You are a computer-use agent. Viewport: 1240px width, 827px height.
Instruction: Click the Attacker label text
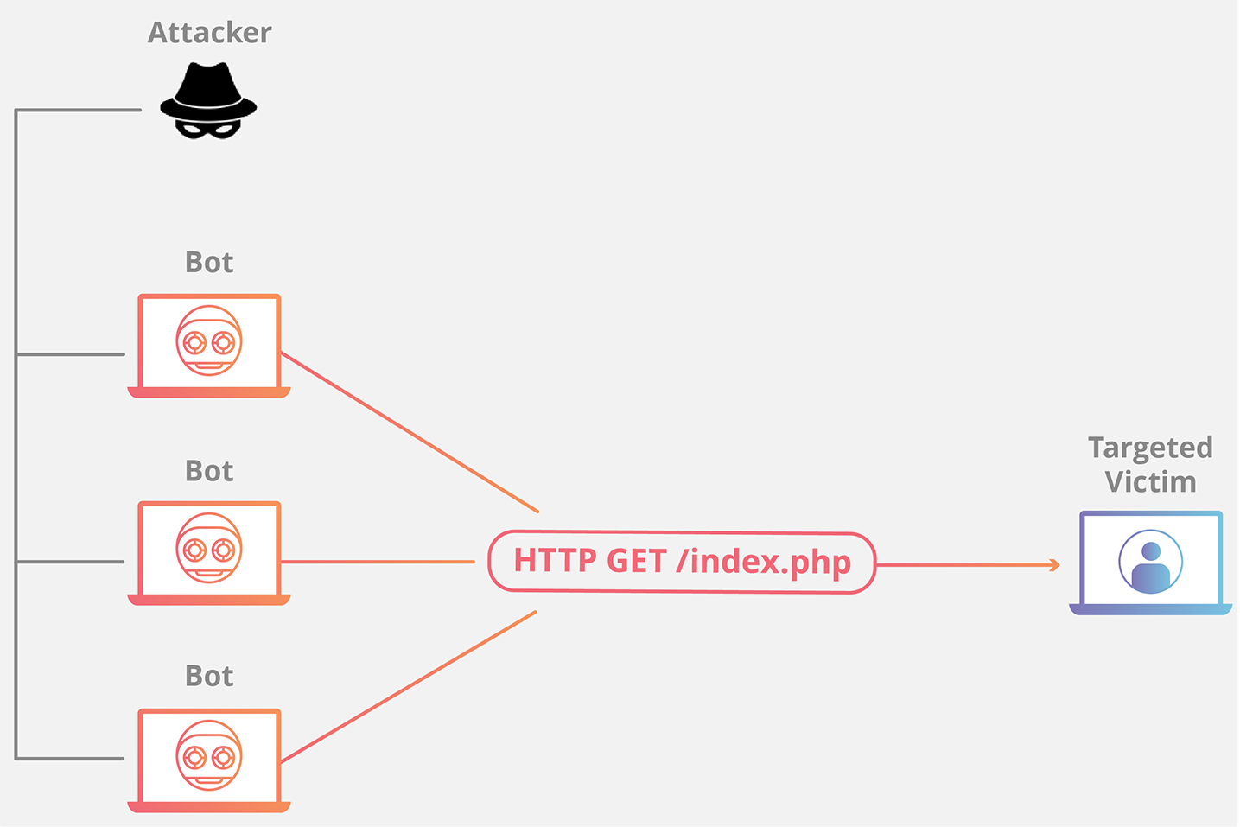click(x=209, y=33)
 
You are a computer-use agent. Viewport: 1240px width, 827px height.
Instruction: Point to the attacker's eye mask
click(x=208, y=130)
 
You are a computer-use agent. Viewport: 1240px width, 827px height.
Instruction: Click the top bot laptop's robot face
click(x=209, y=340)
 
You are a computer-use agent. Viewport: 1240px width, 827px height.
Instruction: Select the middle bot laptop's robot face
click(x=209, y=548)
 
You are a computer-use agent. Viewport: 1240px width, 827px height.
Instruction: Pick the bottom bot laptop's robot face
click(x=209, y=755)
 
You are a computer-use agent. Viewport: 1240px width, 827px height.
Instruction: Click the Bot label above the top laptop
click(x=209, y=262)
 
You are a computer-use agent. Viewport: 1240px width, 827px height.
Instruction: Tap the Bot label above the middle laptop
click(x=209, y=471)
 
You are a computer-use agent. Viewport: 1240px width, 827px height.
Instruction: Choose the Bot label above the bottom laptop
click(x=209, y=676)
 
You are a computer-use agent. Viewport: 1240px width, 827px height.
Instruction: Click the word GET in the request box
click(x=637, y=561)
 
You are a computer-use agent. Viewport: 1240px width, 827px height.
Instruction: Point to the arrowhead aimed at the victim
click(x=1054, y=565)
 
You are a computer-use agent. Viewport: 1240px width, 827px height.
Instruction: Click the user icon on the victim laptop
click(x=1150, y=562)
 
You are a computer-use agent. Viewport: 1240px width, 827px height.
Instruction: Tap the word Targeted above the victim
click(x=1150, y=449)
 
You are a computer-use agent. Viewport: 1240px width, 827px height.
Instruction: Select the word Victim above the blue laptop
click(x=1150, y=481)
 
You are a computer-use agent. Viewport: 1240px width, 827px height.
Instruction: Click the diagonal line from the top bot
click(x=410, y=432)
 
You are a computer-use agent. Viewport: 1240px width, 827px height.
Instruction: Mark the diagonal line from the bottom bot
click(x=409, y=687)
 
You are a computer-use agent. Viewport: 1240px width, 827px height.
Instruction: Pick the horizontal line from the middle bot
click(x=378, y=562)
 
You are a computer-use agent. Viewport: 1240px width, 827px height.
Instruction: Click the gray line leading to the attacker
click(x=78, y=110)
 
